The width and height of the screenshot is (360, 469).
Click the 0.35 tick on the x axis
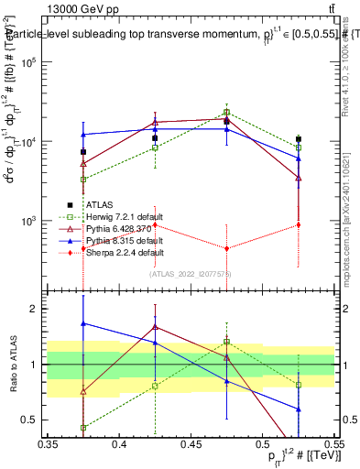click(x=48, y=444)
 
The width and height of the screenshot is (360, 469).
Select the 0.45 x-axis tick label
click(x=191, y=444)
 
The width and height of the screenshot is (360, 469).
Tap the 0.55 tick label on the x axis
click(x=334, y=444)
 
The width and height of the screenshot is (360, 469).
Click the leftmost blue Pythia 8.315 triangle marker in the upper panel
click(x=83, y=135)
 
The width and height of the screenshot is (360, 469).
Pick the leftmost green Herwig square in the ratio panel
click(x=83, y=428)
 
